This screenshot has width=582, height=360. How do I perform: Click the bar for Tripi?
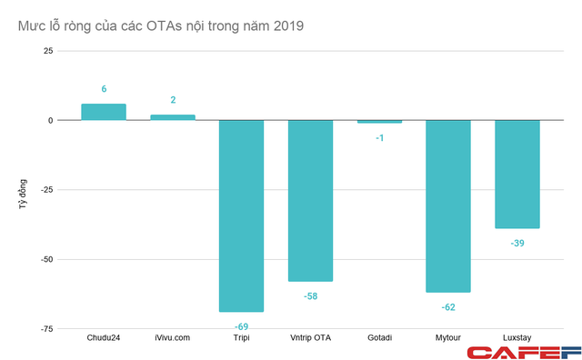241,215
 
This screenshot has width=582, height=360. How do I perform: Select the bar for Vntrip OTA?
310,200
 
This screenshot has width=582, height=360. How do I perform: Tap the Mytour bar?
448,205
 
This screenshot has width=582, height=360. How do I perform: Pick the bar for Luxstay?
517,174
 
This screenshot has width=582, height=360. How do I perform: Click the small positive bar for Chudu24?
104,112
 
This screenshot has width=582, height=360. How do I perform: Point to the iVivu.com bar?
173,117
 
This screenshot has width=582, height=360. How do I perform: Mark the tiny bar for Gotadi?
379,122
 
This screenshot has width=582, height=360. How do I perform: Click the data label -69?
241,325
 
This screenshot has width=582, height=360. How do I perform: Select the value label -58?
310,295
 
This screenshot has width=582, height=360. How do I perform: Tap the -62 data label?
448,307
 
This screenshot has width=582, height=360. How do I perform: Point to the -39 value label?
517,243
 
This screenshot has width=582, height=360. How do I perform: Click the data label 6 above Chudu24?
104,89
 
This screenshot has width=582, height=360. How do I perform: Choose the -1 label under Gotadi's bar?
379,137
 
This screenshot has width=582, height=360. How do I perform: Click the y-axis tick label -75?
44,329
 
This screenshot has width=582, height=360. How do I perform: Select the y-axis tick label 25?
47,51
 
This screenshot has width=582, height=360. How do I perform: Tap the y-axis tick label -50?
44,259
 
